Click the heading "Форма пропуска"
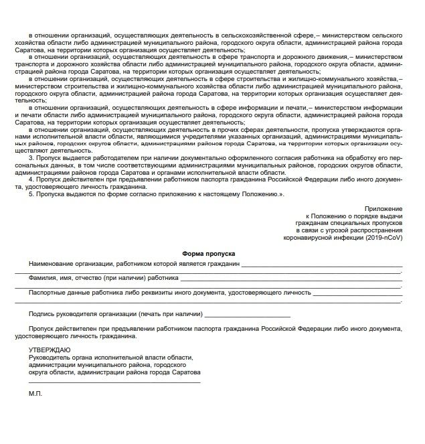208,254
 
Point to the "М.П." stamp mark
35,394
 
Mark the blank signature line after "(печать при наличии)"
248,315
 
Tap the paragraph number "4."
31,179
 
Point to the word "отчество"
101,277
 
